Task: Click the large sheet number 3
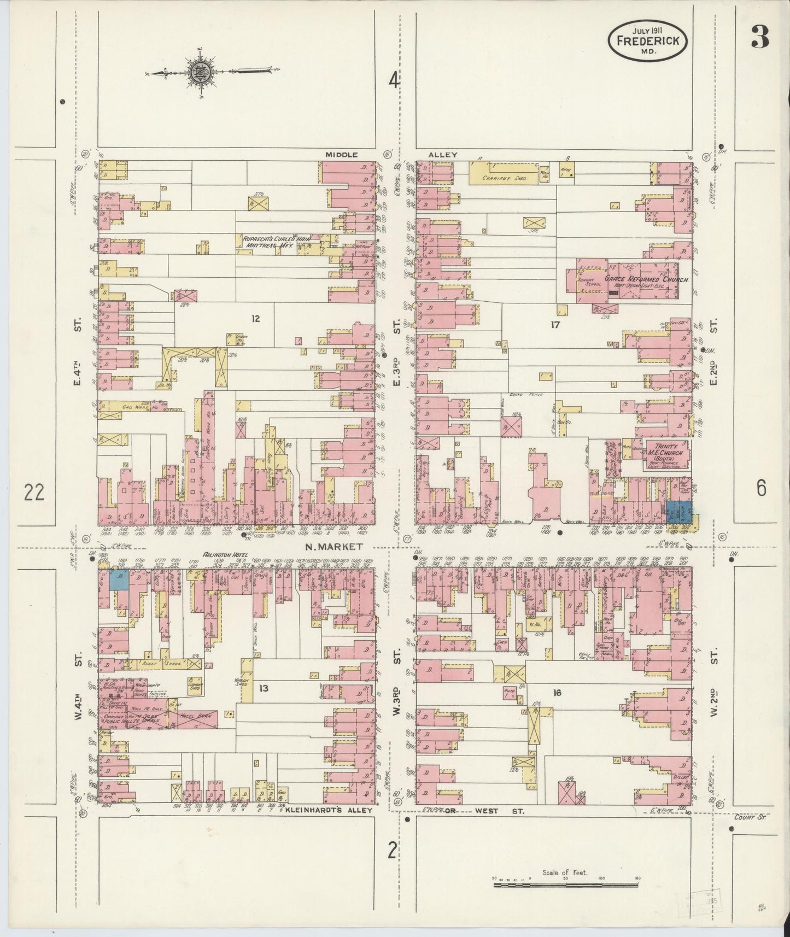tap(759, 37)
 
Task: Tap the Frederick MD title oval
tap(648, 40)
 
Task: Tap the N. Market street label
tap(335, 546)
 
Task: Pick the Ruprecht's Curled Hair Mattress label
tap(270, 242)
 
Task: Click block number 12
tap(255, 319)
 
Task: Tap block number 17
tap(555, 325)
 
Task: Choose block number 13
tap(264, 688)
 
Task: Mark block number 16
tap(557, 693)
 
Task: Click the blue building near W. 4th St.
tap(119, 579)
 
